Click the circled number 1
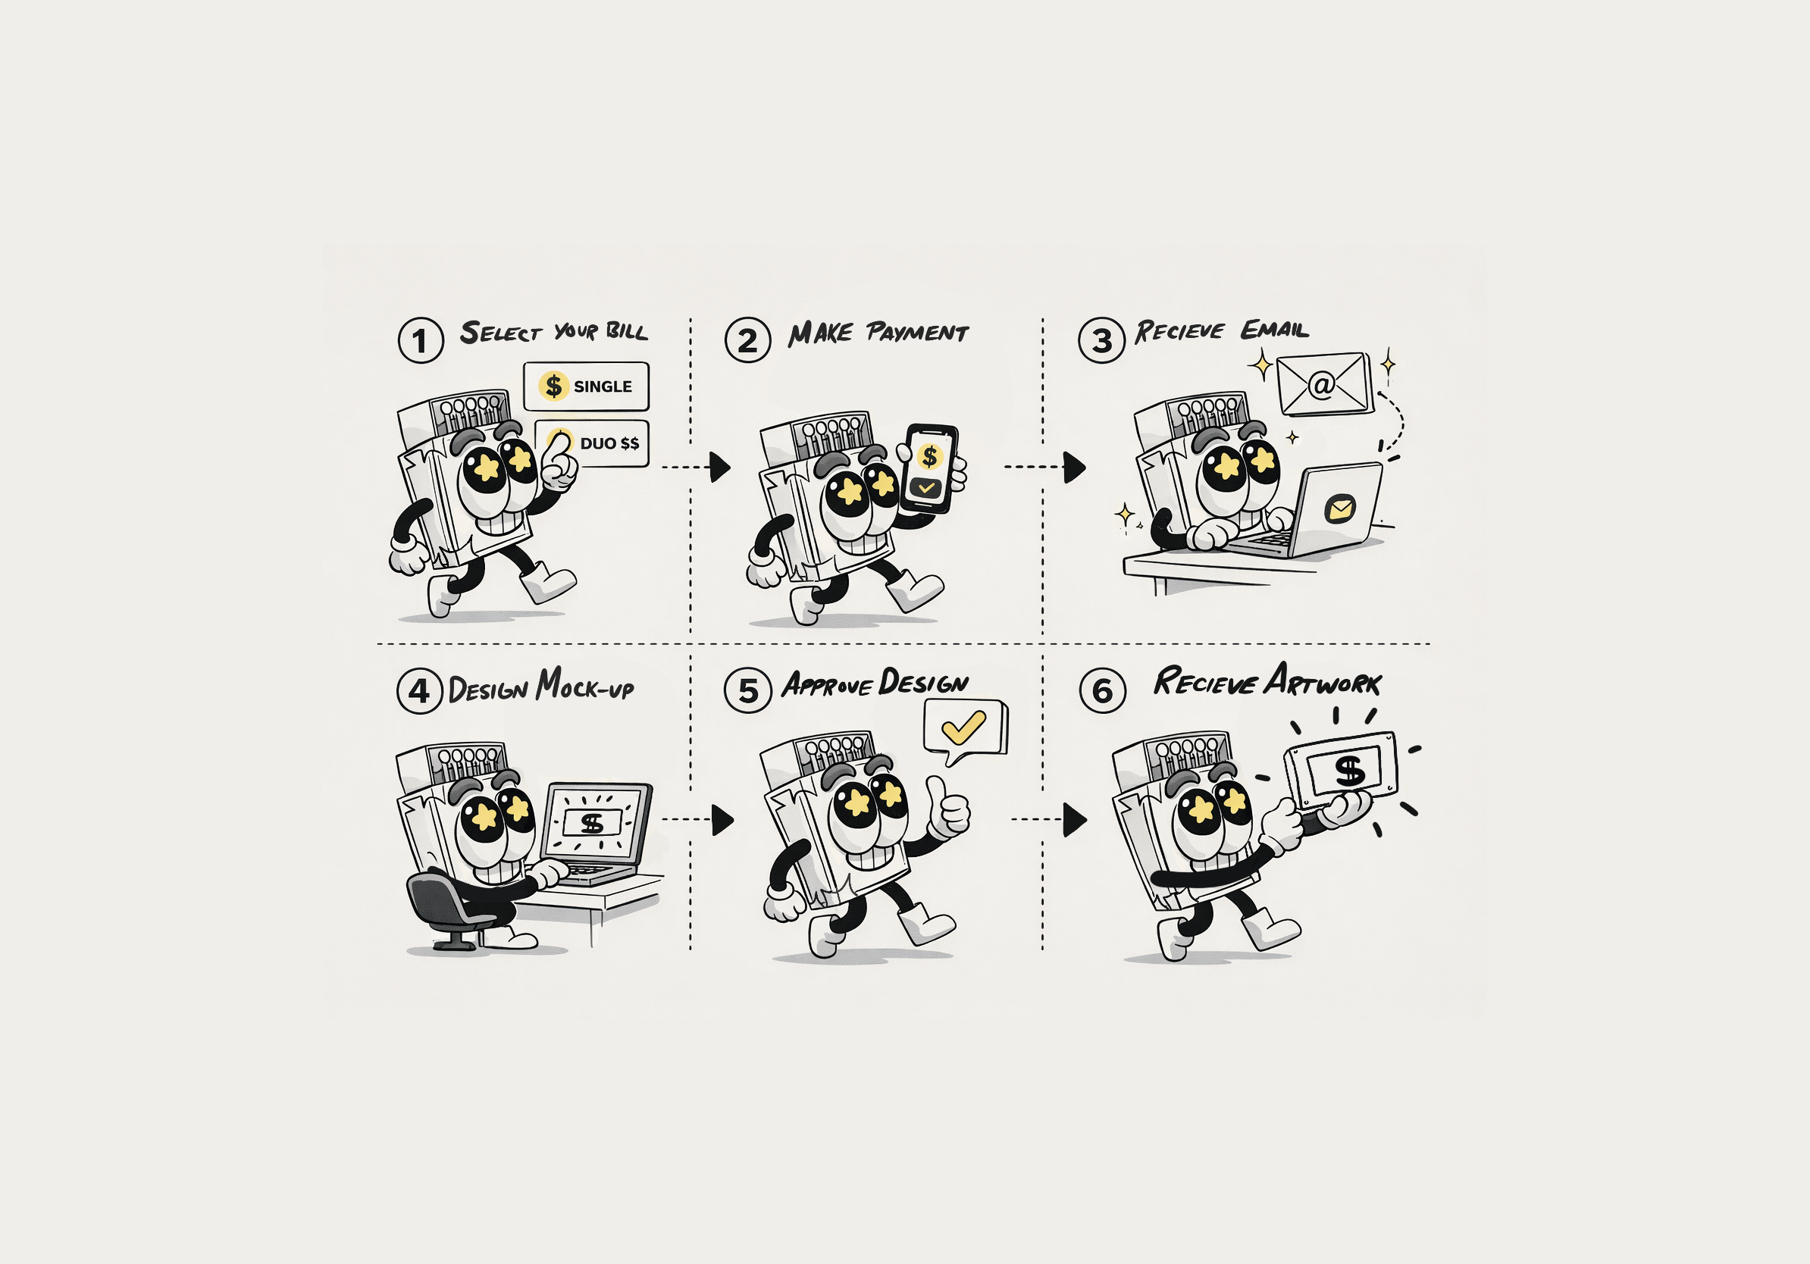[421, 340]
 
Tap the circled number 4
[420, 691]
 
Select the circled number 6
[1102, 690]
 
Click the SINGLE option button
[586, 386]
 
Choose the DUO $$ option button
[593, 443]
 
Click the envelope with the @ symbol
[1324, 383]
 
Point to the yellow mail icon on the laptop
[1339, 508]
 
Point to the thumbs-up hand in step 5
[947, 807]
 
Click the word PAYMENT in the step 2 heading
[917, 333]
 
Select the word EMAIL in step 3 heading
[1275, 330]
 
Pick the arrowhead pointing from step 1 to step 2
[720, 468]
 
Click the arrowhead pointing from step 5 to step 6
[1075, 819]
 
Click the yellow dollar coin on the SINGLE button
[554, 386]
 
